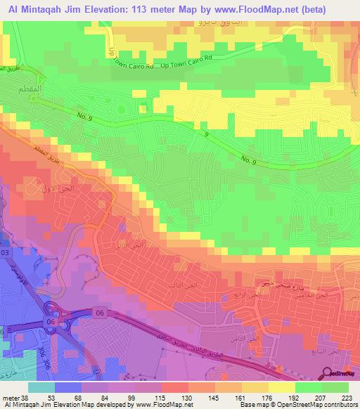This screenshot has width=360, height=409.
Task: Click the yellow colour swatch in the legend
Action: click(x=281, y=387)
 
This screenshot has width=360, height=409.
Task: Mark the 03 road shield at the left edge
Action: click(x=4, y=252)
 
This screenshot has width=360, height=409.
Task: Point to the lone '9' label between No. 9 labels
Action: click(x=207, y=134)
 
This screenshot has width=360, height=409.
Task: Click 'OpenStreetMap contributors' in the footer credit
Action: click(x=321, y=405)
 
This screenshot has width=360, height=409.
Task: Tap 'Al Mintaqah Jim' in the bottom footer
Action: click(x=27, y=405)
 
